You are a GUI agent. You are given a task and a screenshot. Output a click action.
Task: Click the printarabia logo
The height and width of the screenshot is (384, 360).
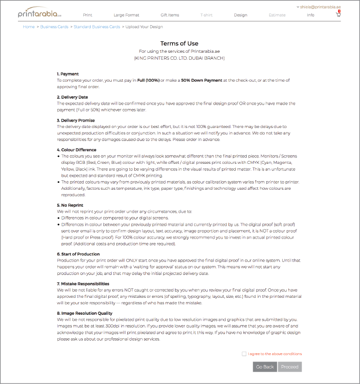39,13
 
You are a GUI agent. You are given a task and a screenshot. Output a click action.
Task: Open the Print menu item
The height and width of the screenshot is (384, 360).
87,15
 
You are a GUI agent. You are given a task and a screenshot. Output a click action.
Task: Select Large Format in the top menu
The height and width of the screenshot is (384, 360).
127,15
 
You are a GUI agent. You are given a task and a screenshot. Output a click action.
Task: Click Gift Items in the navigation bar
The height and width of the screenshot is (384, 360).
170,15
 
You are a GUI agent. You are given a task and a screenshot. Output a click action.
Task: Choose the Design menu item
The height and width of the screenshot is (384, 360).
240,15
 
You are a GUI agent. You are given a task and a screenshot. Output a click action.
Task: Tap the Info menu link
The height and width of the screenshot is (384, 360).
311,15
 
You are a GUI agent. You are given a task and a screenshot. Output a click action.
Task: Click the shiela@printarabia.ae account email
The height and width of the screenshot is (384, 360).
320,7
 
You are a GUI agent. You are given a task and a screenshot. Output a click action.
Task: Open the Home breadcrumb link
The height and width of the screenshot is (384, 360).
29,26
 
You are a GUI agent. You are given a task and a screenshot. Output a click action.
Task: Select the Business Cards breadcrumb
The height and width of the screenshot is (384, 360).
54,26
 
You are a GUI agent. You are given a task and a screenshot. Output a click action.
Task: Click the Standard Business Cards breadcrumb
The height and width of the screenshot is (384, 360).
97,26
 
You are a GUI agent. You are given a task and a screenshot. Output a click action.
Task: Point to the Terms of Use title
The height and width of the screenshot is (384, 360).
180,44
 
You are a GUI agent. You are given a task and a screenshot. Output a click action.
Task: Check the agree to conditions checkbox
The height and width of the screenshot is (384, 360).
244,354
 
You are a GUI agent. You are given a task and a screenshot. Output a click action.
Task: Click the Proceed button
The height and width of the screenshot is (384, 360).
290,367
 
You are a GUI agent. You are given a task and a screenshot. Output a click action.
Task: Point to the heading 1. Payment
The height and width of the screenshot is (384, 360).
68,74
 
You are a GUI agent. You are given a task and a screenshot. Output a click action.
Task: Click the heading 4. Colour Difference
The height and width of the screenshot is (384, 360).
77,150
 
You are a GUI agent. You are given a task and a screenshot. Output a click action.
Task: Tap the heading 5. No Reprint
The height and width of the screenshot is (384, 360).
70,205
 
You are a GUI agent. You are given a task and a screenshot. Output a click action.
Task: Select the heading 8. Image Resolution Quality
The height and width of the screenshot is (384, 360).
84,313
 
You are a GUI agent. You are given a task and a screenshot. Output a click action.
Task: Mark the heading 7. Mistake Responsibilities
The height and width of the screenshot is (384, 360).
83,283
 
